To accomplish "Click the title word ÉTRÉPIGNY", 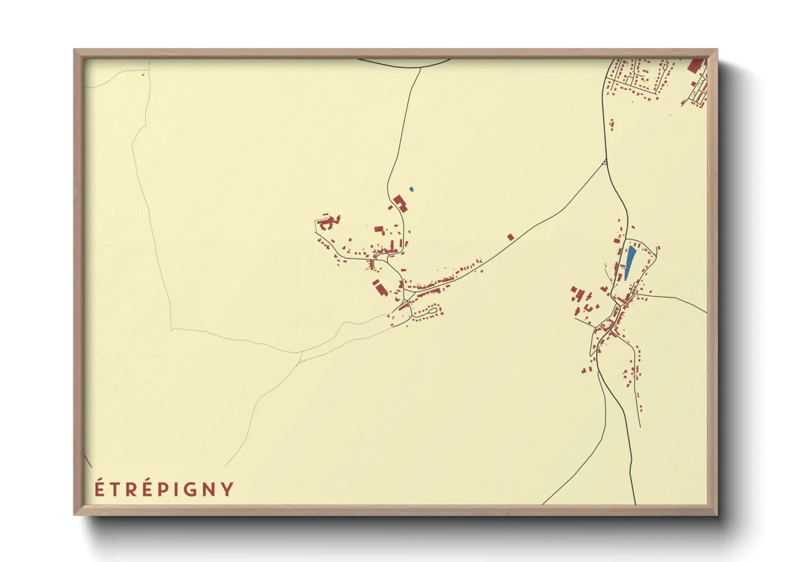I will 164,489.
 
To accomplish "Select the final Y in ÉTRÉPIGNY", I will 228,489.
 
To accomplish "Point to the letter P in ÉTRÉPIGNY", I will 161,489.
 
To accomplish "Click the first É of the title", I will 99,489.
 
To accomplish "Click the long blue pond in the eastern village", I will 630,262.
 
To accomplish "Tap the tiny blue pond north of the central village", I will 411,189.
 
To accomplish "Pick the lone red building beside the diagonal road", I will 510,237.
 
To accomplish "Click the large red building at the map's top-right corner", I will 695,66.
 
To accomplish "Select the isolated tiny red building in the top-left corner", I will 143,74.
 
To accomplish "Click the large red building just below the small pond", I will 400,202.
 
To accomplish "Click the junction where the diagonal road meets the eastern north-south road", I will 606,162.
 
